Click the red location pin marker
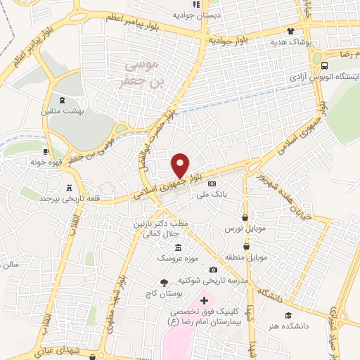pos(181,165)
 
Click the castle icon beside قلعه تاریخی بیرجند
pos(69,188)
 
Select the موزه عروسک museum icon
pos(177,247)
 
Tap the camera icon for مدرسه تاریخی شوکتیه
pos(212,270)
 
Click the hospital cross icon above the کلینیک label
pos(205,300)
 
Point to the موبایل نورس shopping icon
pos(245,218)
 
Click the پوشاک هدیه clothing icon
pos(290,32)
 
